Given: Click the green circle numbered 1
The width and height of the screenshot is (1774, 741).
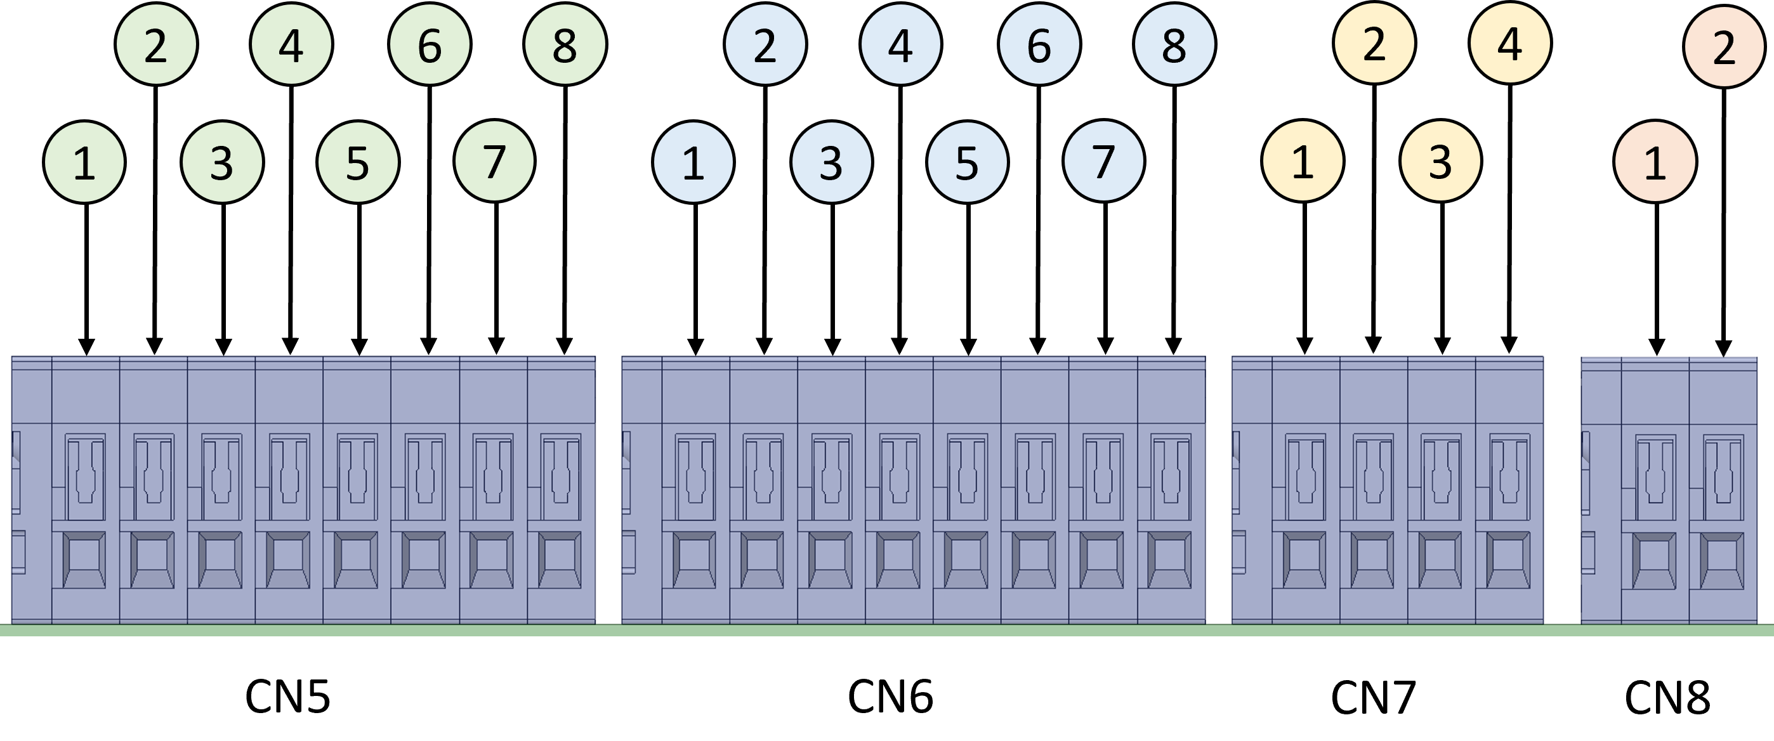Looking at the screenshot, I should click(x=84, y=162).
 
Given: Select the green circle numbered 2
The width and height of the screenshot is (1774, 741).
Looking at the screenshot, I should click(x=156, y=45).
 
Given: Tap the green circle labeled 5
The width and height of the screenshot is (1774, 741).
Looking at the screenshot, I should click(x=357, y=162).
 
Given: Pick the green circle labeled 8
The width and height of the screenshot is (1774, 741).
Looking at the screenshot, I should click(x=565, y=45).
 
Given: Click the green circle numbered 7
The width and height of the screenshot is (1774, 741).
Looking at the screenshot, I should click(x=494, y=162).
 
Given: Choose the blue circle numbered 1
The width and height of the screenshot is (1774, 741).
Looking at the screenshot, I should click(x=693, y=162).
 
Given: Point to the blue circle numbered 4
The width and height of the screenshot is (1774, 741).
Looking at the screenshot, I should click(x=900, y=45).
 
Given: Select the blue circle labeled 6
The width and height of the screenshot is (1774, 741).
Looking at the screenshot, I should click(x=1039, y=45).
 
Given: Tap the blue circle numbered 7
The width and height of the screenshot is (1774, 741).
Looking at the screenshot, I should click(x=1103, y=162).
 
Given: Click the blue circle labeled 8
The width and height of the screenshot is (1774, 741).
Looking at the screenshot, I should click(x=1174, y=45).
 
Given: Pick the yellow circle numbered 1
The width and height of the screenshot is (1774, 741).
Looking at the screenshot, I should click(x=1302, y=162).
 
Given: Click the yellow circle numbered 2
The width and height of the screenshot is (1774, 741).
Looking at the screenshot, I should click(x=1374, y=43).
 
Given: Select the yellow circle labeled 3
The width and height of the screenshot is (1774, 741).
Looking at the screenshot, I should click(x=1441, y=162).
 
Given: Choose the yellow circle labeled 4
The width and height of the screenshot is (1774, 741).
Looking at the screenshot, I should click(x=1510, y=43).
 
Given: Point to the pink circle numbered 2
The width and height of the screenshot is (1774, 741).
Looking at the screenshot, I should click(x=1724, y=47).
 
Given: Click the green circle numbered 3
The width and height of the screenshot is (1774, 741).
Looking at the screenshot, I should click(x=222, y=162).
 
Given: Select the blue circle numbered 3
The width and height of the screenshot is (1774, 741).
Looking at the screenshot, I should click(x=831, y=162).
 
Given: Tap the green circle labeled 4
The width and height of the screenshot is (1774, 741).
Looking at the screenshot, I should click(x=291, y=45).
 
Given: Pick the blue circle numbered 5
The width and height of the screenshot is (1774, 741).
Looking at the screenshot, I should click(x=967, y=162).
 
